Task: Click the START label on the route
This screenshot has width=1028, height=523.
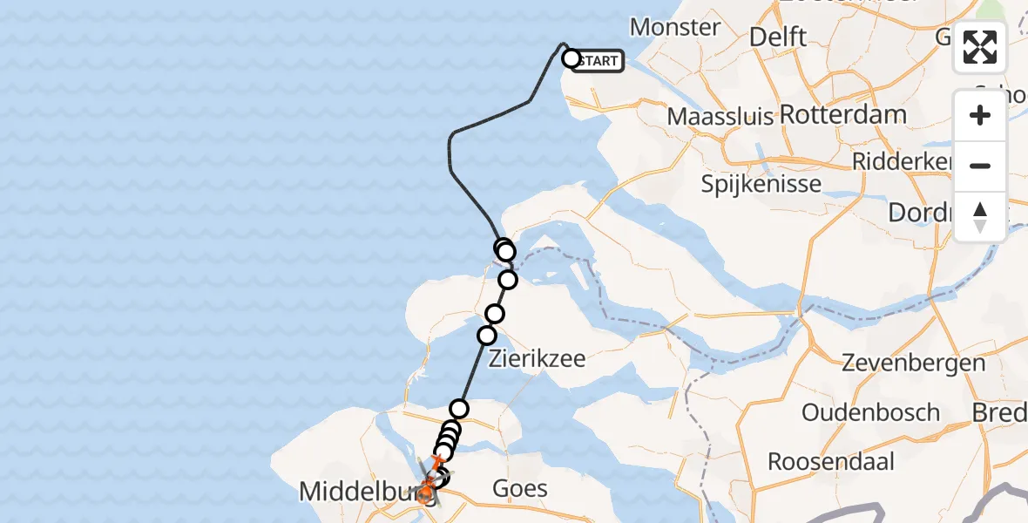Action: point(599,61)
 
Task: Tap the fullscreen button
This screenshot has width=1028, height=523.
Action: point(980,47)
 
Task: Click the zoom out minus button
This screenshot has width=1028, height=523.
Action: point(980,166)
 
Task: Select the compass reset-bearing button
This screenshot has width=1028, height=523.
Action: point(980,216)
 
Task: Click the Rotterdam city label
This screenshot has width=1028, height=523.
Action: point(842,114)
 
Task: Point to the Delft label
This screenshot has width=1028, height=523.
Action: point(778,37)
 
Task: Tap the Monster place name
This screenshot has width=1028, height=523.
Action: point(675,27)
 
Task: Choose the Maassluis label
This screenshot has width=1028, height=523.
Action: point(720,116)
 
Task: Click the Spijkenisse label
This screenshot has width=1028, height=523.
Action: point(761,184)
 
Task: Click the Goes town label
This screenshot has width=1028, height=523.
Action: point(519,488)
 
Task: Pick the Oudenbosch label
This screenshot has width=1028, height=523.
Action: point(870,412)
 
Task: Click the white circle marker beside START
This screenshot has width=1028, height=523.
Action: point(571,59)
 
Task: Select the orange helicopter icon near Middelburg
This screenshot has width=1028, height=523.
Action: point(426,493)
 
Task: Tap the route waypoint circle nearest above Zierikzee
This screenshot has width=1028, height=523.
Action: point(487,336)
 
